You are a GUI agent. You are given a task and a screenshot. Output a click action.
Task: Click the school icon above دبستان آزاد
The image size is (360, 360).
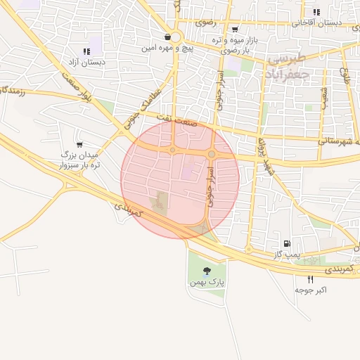86,51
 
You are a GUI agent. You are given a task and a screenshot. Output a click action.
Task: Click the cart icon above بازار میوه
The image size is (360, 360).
234,30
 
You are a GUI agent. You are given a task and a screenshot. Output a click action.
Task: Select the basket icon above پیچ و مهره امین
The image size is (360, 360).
167,37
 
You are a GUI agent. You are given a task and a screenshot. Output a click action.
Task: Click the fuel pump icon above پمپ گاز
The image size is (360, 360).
285,243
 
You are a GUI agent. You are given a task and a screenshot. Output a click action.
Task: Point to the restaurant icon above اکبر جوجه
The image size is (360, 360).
310,279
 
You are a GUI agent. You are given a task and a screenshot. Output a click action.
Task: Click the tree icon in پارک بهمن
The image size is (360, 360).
207,271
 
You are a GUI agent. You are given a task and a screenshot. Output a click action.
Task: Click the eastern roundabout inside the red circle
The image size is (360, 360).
212,154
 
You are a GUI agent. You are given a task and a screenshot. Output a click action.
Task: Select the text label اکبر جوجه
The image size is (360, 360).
309,290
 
